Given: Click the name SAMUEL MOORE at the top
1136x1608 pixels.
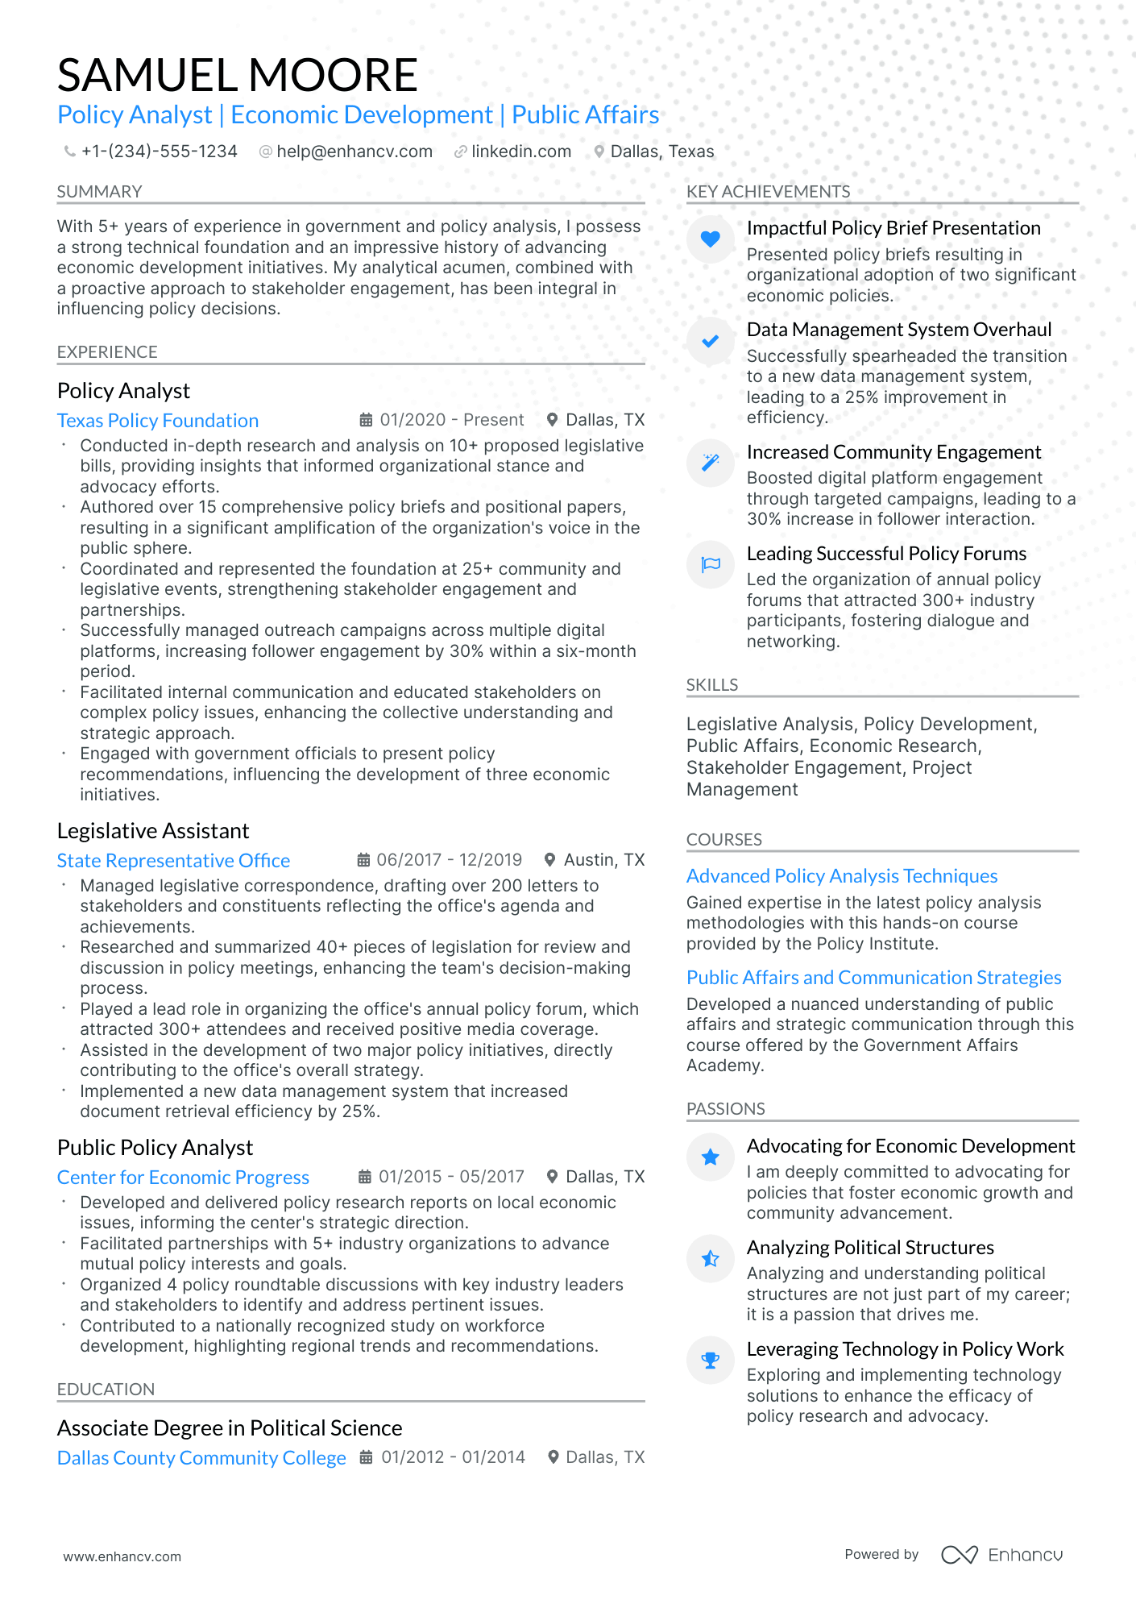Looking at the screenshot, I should coord(237,75).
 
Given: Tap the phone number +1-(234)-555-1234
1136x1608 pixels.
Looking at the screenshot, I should coord(159,152).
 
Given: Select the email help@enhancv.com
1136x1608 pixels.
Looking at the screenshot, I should coord(354,152).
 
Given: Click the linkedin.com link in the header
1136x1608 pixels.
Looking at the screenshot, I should coord(520,152).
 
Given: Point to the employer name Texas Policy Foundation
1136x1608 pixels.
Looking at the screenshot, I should coord(158,421).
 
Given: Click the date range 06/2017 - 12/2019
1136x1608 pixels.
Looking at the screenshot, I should coord(449,860).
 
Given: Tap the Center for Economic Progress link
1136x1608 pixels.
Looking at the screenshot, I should coord(183,1178).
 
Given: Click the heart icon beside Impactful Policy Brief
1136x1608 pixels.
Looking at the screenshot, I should coord(710,239).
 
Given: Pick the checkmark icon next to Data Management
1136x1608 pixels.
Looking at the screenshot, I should coord(710,341).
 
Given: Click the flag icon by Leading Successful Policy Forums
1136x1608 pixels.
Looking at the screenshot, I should coord(710,564).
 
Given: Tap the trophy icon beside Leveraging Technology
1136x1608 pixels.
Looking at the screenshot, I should coord(710,1361).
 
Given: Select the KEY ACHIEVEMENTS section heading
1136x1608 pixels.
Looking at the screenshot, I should coord(768,192).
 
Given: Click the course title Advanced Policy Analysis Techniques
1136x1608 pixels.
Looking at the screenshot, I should coord(842,876).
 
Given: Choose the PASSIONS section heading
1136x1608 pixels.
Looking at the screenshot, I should coord(725,1109).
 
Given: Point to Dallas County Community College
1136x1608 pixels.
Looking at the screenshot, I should coord(201,1458).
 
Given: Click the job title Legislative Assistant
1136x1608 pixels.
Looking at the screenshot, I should coord(153,831).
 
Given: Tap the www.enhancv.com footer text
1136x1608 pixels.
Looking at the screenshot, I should coord(122,1556).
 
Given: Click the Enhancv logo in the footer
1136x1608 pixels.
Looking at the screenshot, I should coord(1001,1555).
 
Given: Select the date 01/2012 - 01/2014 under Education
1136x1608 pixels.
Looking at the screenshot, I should coord(453,1457).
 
